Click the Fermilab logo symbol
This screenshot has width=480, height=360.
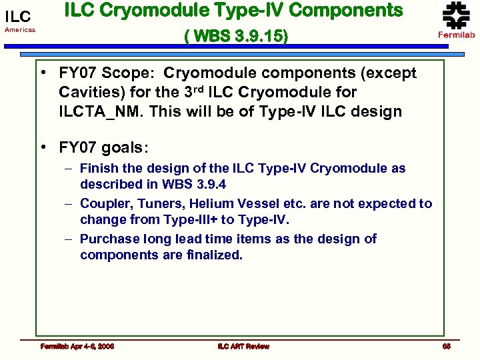(x=456, y=15)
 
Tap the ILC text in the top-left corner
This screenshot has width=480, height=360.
(x=18, y=17)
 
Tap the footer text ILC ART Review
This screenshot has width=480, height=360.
(x=243, y=346)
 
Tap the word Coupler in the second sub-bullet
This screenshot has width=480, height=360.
(x=103, y=203)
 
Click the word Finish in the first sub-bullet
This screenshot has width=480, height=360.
(x=98, y=169)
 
